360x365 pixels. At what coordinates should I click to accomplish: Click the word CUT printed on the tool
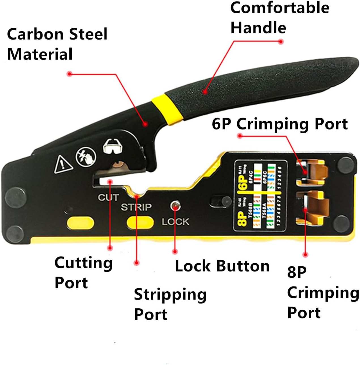108,197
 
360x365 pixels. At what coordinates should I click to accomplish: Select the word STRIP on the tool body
136,207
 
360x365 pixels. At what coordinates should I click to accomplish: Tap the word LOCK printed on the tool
175,222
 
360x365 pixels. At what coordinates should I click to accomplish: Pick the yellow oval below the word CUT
80,223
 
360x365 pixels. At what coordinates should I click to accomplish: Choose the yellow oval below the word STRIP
140,223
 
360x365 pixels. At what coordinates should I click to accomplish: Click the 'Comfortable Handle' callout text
280,18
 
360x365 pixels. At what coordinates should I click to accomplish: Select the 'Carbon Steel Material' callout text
57,44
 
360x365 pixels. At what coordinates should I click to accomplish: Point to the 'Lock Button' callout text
222,266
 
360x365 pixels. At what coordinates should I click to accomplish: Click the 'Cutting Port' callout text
83,273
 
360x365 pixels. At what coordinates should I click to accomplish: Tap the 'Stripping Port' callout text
170,304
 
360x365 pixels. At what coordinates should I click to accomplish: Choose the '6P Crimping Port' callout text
280,124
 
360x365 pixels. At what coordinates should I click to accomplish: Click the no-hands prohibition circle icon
86,156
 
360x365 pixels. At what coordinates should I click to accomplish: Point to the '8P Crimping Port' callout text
323,292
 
